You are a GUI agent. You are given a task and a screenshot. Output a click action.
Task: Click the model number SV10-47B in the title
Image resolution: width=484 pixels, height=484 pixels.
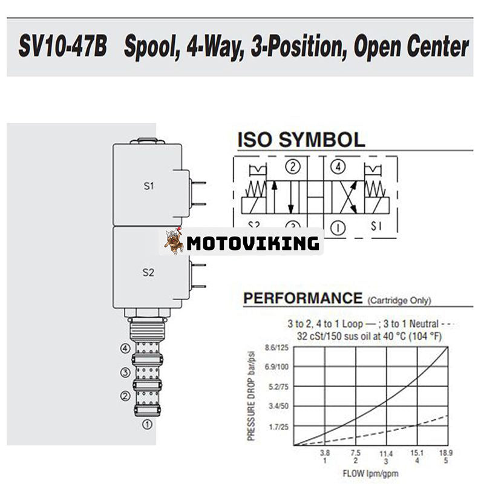tap(62, 47)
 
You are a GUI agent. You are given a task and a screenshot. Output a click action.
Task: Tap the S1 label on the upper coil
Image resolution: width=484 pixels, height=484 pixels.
tap(148, 186)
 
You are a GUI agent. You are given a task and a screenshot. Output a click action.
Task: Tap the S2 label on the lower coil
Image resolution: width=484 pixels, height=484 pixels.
tap(148, 272)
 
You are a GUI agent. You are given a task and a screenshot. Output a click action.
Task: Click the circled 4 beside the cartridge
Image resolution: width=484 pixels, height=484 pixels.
tap(125, 348)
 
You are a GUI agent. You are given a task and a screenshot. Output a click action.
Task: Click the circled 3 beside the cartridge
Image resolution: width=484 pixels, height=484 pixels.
tap(125, 372)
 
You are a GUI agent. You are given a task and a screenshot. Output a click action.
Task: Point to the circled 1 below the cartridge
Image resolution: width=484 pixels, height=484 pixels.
tap(146, 424)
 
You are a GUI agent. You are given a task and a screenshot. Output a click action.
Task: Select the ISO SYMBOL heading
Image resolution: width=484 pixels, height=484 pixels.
tap(301, 140)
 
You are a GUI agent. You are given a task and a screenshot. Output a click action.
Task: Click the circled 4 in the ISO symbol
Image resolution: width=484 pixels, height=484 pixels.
tap(338, 167)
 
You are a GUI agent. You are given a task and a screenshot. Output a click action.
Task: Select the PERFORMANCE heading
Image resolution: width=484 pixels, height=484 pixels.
tap(301, 298)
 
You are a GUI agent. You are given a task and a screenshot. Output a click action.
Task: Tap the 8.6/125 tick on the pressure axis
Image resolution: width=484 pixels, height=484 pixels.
tap(277, 347)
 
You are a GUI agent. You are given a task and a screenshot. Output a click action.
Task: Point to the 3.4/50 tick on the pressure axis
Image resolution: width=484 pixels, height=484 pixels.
tap(278, 406)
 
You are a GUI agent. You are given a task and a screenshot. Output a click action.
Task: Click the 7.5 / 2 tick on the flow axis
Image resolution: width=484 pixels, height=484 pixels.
tap(355, 456)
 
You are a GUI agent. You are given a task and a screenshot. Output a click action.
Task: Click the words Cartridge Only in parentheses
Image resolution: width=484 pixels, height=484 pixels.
tap(399, 300)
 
